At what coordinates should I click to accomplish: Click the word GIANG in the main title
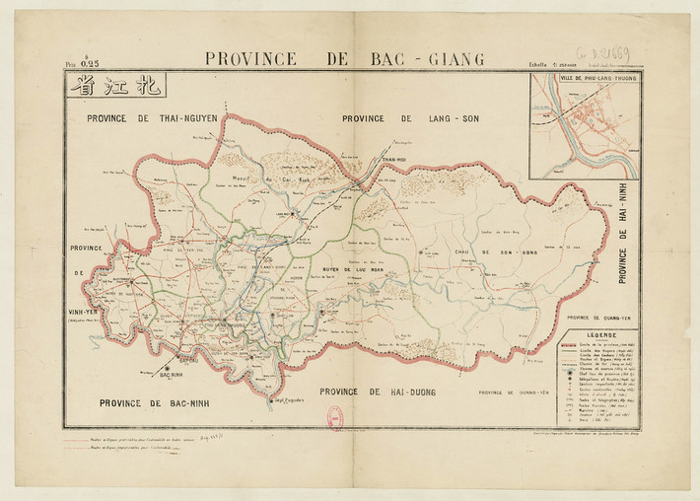click(450, 59)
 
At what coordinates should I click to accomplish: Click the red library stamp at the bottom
click(335, 418)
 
